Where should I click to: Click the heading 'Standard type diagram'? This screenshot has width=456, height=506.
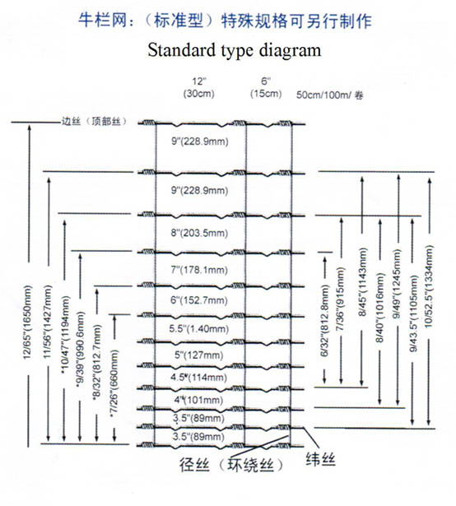(235, 50)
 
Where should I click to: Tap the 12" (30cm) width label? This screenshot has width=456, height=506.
(198, 87)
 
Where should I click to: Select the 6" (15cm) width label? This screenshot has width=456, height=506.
(266, 87)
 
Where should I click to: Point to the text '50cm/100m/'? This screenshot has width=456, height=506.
(324, 95)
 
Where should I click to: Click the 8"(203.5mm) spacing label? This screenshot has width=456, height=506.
(199, 233)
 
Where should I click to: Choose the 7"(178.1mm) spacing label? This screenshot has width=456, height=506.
(199, 270)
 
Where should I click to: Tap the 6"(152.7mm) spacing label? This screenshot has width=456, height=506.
(199, 300)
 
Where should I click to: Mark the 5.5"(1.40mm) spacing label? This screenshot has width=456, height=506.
(199, 328)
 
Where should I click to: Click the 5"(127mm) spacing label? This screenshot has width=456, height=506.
(199, 355)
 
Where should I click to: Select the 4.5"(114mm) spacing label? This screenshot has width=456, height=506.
(199, 377)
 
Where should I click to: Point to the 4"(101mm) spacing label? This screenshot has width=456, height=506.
(199, 400)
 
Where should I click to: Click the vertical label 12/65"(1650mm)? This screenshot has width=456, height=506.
(27, 322)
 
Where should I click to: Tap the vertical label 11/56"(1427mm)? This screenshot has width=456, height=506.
(48, 322)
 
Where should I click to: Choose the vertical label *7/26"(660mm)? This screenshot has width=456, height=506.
(114, 383)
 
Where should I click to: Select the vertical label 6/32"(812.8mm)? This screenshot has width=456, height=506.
(324, 321)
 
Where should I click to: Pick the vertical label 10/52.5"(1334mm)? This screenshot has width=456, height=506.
(429, 286)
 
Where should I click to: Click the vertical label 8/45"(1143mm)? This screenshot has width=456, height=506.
(362, 282)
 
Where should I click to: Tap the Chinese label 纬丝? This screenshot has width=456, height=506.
(321, 460)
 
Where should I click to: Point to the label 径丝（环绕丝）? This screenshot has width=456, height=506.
(231, 465)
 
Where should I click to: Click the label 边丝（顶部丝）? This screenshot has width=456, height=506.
(94, 122)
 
